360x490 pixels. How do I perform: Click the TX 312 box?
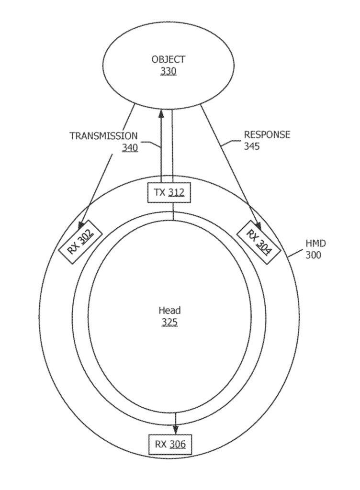(x=169, y=192)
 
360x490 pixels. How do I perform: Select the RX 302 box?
(x=80, y=241)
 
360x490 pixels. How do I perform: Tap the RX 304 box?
(x=259, y=242)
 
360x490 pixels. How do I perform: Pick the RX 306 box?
(x=169, y=444)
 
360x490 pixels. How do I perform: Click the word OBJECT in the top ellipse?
(x=168, y=59)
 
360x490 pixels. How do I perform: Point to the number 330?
(x=168, y=72)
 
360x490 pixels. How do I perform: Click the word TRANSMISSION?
(x=103, y=136)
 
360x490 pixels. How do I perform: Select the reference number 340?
(x=130, y=147)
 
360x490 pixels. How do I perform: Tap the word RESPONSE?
(x=267, y=134)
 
